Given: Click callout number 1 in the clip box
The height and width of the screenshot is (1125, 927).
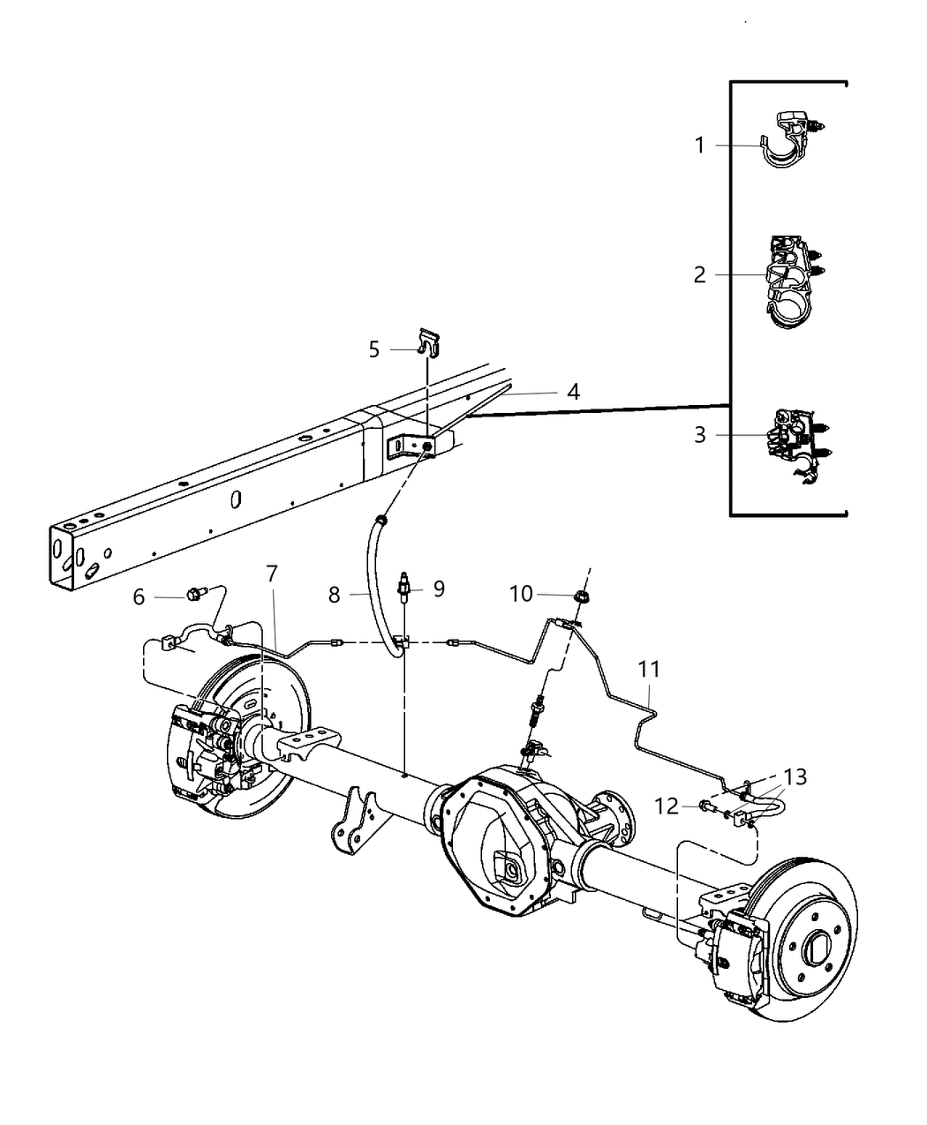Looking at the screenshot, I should (699, 145).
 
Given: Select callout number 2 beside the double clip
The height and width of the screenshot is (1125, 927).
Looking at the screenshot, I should (699, 275).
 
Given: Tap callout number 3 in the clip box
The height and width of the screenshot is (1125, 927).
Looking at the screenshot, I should (699, 435).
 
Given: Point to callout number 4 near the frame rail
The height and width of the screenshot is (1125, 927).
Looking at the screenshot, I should (573, 392).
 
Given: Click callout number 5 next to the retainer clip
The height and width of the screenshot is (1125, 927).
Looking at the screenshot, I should (374, 349).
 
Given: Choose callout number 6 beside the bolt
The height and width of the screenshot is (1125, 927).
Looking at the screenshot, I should (139, 597).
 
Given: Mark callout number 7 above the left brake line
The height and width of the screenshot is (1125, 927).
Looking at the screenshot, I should (271, 574).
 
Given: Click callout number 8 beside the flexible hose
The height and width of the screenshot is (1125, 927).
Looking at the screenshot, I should (334, 596).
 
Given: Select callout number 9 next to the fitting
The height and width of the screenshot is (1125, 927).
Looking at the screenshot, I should (439, 589).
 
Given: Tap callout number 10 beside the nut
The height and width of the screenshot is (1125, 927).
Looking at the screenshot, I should (521, 594).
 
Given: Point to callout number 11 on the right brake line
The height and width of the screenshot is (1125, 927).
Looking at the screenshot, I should (649, 670).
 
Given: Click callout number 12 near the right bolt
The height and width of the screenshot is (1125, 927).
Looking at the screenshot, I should (666, 805).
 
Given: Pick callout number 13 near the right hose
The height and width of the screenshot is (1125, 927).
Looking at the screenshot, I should (795, 776).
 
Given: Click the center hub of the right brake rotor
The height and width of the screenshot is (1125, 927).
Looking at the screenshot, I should (817, 948).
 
